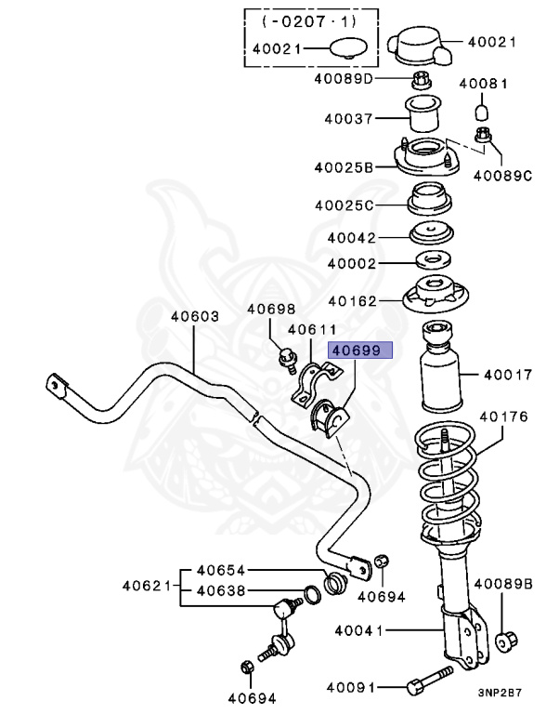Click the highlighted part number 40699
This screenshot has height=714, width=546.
pyautogui.click(x=358, y=350)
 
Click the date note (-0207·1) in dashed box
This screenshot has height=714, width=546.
pyautogui.click(x=307, y=20)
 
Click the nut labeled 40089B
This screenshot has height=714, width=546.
pyautogui.click(x=507, y=641)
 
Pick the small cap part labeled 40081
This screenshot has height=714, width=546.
pyautogui.click(x=482, y=112)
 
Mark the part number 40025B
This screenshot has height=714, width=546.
pyautogui.click(x=343, y=168)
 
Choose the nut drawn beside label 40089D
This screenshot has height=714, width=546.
pyautogui.click(x=419, y=78)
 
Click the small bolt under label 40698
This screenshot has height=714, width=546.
pyautogui.click(x=287, y=354)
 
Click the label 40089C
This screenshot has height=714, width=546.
pyautogui.click(x=502, y=174)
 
